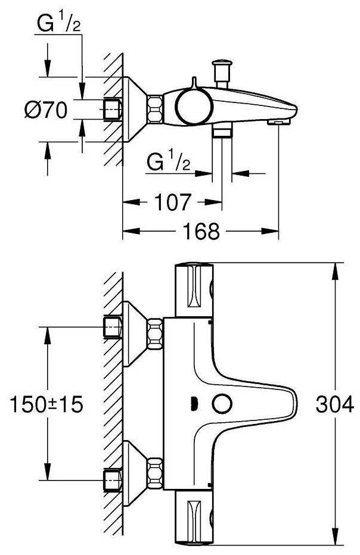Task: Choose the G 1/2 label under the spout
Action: pyautogui.click(x=169, y=163)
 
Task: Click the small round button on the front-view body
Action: pyautogui.click(x=224, y=405)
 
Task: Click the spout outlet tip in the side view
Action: pyautogui.click(x=278, y=121)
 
